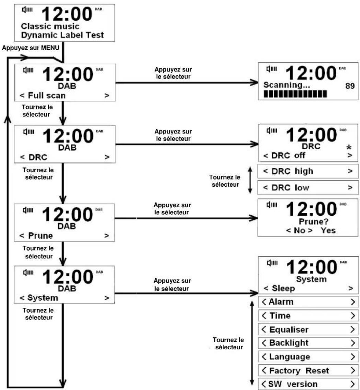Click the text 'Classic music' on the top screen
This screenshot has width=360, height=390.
click(x=50, y=26)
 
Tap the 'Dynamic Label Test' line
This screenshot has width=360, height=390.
click(x=62, y=35)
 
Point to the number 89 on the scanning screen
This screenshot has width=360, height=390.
click(x=350, y=85)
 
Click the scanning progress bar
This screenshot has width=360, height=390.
click(x=295, y=94)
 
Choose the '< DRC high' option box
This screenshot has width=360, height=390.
click(x=308, y=171)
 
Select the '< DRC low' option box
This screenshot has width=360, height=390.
click(x=308, y=187)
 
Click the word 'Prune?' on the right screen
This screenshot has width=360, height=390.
click(x=311, y=223)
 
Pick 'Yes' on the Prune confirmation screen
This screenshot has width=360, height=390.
click(x=328, y=230)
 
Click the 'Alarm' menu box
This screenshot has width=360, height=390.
click(x=308, y=302)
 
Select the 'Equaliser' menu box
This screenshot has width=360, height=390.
click(x=308, y=329)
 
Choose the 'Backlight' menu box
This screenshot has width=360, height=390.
click(x=308, y=343)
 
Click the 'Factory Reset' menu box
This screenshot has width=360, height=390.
click(x=308, y=370)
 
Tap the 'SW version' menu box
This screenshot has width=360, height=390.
click(x=308, y=384)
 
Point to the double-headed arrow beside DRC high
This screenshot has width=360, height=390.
click(x=250, y=179)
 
